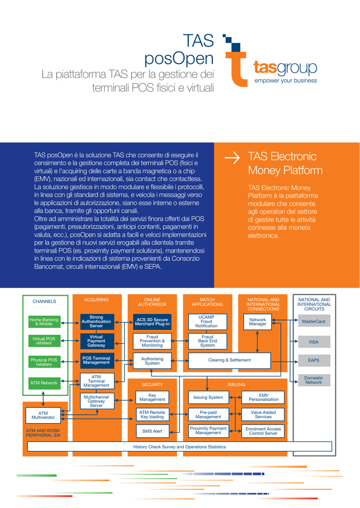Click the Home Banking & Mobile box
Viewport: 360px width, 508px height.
point(44,321)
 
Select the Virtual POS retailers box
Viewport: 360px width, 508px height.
point(44,341)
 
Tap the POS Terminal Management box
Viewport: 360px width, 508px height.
point(96,360)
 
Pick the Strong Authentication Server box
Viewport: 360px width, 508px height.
point(96,321)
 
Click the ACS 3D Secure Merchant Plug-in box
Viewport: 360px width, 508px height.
point(152,321)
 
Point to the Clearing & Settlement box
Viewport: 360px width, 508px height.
point(229,360)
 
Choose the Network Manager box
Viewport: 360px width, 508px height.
point(258,321)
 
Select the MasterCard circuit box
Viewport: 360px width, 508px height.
point(314,321)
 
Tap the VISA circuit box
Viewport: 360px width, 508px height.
point(314,341)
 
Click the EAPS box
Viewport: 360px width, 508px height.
point(314,360)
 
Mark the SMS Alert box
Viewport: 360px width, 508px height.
point(152,431)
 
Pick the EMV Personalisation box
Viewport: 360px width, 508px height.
point(263,397)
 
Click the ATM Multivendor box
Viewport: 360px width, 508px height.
point(43,415)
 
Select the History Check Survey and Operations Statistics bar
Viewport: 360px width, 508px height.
point(180,446)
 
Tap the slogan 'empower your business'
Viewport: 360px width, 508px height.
point(286,80)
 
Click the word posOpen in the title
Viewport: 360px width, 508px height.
point(179,59)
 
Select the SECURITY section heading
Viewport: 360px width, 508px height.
point(152,384)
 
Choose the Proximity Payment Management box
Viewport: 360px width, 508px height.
point(209,431)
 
